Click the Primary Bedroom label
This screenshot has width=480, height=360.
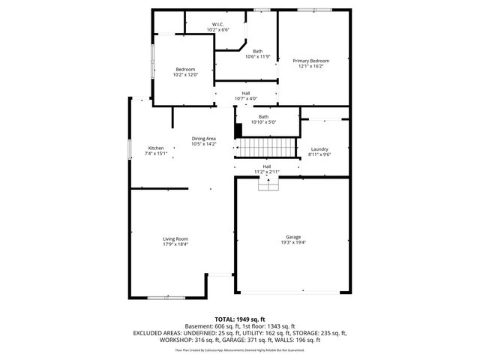coord(310,60)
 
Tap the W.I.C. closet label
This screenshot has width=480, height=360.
coord(217,25)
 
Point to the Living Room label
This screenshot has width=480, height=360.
coord(175,238)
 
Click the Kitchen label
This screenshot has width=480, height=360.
coord(156,148)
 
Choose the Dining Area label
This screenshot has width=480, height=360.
coord(204,139)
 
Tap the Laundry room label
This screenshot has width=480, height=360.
coord(319,149)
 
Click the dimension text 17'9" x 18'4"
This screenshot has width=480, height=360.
coord(175,244)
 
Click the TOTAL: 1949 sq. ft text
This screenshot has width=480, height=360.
coord(240,319)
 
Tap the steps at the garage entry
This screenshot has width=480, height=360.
coord(268,184)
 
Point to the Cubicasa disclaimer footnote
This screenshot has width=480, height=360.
coord(240,349)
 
